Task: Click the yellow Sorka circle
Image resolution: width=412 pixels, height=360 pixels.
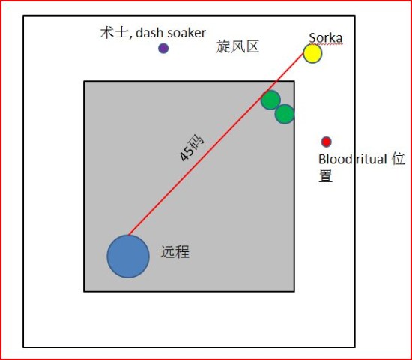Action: coord(312,53)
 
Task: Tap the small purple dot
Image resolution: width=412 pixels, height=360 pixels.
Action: coord(163,49)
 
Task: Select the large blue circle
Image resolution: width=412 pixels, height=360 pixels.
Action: coord(128,256)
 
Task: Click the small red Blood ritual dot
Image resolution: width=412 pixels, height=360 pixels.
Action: coord(326,142)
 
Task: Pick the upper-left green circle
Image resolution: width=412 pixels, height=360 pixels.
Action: coord(270,100)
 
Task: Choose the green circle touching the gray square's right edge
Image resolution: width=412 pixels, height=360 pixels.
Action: coord(285,114)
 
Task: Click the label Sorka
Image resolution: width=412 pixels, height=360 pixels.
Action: coord(326,38)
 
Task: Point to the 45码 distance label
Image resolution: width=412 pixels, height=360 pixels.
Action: coord(191,148)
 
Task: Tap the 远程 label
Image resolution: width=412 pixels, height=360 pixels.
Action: coord(175,252)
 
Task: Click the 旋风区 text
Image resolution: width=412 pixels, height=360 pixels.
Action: coord(237,46)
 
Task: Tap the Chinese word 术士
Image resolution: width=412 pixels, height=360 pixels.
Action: coord(114,33)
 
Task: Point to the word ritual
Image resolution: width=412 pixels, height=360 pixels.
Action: coord(372,159)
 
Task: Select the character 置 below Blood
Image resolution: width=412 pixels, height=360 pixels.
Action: coord(326,176)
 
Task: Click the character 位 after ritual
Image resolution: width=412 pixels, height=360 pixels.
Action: coord(398,159)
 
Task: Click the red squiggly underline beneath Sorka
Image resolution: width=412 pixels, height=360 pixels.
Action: coord(326,44)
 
